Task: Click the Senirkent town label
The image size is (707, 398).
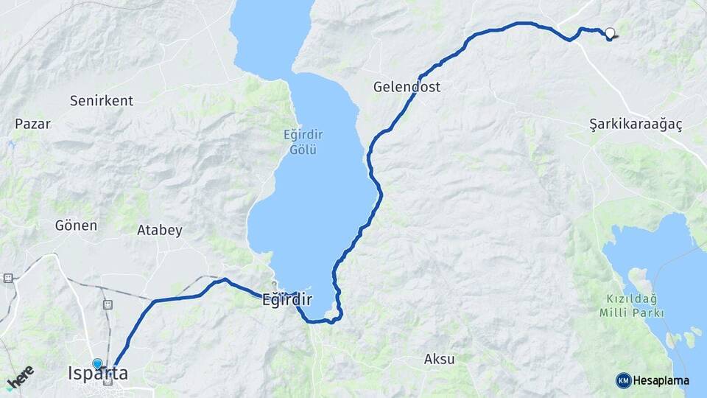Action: tap(102, 100)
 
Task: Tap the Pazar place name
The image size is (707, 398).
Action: tap(32, 124)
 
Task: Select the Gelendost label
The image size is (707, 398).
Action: tap(407, 87)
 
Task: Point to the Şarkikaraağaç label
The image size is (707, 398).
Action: tap(636, 124)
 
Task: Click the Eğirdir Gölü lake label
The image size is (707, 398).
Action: tap(300, 142)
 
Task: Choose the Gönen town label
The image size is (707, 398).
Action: tap(76, 226)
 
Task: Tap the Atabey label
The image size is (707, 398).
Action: tap(160, 230)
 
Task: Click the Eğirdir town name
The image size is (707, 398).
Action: tap(287, 300)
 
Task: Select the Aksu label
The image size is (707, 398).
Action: tap(439, 360)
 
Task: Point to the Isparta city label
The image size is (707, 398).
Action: tap(97, 374)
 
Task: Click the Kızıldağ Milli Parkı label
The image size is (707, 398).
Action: tap(631, 307)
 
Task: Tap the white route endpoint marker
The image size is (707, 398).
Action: tap(610, 32)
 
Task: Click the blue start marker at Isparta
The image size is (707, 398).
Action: tap(97, 363)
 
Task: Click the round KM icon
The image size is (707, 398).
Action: tap(624, 380)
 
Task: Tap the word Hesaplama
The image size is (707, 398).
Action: tap(661, 380)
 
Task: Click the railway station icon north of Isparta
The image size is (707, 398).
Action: tap(108, 304)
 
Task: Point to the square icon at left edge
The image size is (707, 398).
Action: tap(8, 278)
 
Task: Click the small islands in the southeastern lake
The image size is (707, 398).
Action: tap(681, 338)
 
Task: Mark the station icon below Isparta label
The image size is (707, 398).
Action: tap(109, 381)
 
